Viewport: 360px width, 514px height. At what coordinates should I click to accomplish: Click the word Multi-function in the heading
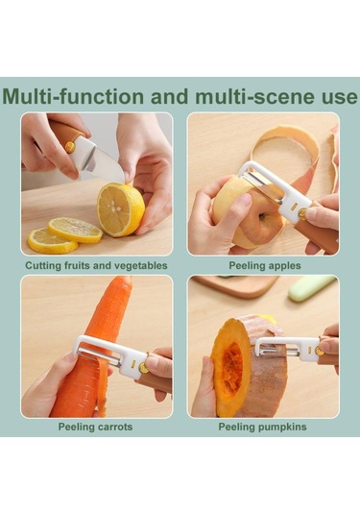73,97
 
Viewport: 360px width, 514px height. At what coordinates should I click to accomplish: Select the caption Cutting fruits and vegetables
96,265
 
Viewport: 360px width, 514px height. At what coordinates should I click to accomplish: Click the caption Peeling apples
265,265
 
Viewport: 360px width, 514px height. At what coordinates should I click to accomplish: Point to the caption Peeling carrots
95,427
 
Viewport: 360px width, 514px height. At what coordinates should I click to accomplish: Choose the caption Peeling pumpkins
262,427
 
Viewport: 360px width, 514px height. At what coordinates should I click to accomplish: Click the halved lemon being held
121,209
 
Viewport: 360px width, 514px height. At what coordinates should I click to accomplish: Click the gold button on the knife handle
70,147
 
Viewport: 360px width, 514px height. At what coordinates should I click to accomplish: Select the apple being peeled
244,213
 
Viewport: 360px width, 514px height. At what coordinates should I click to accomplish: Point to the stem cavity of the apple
264,217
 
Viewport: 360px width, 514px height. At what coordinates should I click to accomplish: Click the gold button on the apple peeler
302,214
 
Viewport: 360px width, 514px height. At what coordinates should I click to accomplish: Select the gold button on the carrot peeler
143,368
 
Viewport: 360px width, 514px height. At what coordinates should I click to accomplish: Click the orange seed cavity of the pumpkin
232,364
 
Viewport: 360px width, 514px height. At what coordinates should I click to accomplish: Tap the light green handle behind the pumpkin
311,288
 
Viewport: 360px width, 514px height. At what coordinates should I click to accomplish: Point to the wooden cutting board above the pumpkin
233,285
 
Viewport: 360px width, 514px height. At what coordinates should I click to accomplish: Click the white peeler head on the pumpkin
287,349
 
